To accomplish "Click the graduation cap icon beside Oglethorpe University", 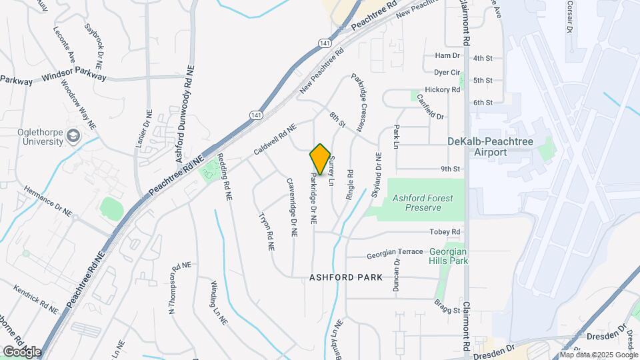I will tap(72, 137).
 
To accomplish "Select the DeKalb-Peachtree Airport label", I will tap(506, 147).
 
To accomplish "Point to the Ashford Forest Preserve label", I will tap(417, 203).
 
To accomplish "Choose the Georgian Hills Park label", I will tap(448, 256).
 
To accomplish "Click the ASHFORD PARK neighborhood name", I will tap(346, 277).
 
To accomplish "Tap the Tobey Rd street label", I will tap(447, 232).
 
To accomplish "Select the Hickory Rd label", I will tap(447, 89).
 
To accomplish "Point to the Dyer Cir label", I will tap(447, 72).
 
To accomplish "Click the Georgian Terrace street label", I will tap(395, 252).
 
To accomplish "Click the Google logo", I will tap(21, 351).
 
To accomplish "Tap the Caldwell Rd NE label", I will tap(274, 141).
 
